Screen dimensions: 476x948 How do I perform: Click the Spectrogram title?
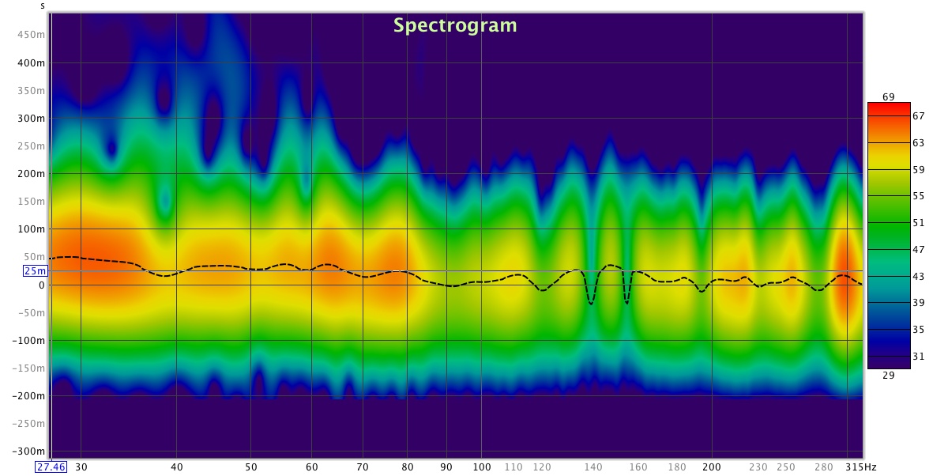(455, 25)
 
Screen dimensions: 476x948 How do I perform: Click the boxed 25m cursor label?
(35, 270)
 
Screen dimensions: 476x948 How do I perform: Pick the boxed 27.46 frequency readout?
(50, 467)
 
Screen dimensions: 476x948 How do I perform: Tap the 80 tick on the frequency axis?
(408, 467)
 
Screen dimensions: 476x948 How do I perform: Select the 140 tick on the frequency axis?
(593, 467)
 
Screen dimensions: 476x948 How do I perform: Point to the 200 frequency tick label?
(712, 467)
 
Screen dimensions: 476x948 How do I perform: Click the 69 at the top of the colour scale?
(888, 96)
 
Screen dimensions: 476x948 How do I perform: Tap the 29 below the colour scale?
(888, 376)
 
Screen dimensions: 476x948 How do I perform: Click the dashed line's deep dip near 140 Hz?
(591, 303)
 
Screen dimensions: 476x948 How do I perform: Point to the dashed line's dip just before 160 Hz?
(626, 301)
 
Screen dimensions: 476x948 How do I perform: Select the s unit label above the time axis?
(43, 6)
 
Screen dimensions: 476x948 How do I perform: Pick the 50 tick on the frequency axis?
(251, 467)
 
